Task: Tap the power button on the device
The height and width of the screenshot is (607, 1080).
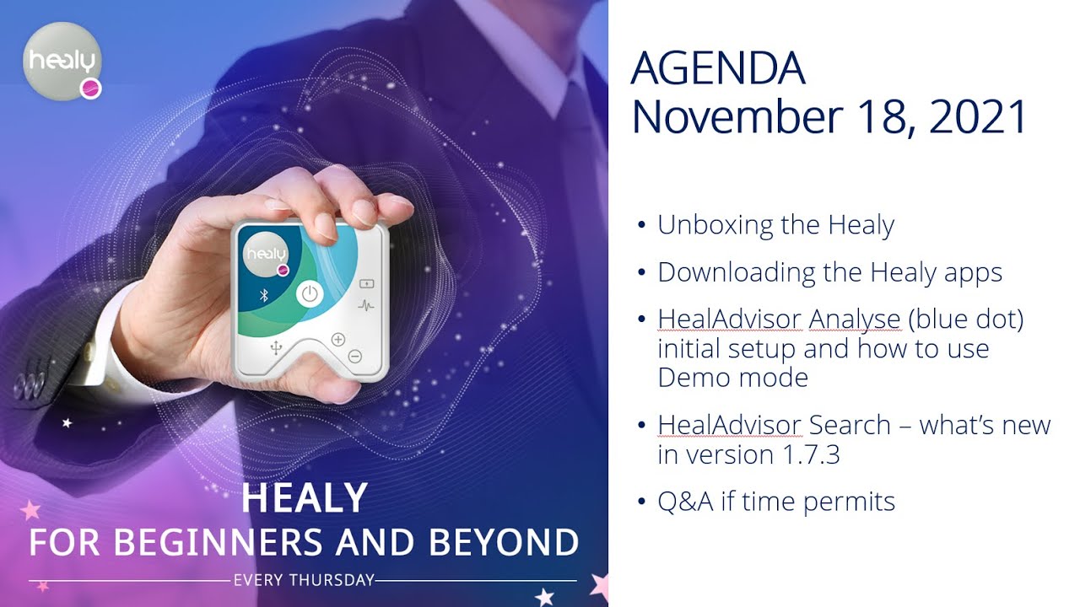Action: click(x=310, y=293)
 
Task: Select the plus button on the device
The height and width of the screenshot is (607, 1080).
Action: click(x=338, y=340)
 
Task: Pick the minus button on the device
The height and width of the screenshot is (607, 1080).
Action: click(x=354, y=357)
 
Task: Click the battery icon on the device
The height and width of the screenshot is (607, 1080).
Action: click(x=367, y=283)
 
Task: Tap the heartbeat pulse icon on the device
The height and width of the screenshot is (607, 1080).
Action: click(x=367, y=305)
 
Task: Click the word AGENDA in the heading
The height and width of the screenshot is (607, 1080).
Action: click(x=717, y=69)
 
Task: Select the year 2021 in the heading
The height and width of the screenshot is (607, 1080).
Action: click(x=980, y=117)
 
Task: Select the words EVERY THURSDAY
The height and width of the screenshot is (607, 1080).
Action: click(x=303, y=580)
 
